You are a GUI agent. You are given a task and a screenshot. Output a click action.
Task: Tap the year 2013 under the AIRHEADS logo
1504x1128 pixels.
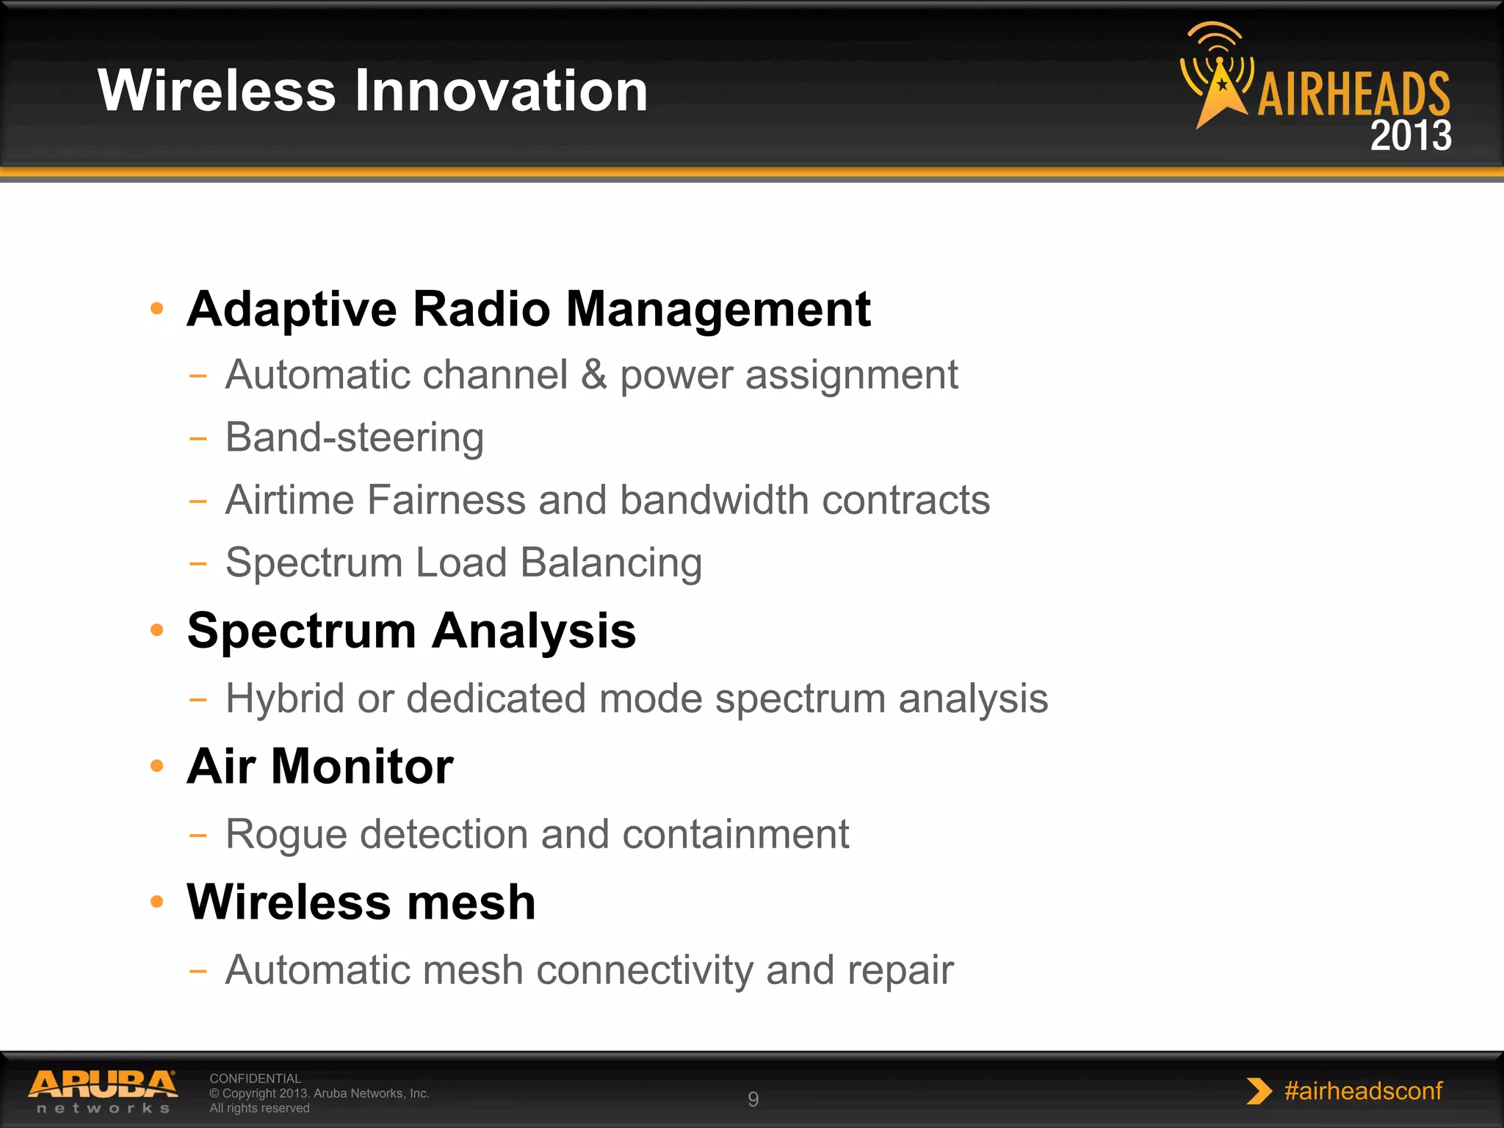click(1410, 136)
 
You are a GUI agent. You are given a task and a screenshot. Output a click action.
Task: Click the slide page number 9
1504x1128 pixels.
click(753, 1099)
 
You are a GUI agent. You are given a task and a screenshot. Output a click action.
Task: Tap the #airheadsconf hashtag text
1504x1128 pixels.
click(1363, 1091)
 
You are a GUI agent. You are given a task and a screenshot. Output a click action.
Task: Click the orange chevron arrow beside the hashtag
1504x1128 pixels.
click(1258, 1091)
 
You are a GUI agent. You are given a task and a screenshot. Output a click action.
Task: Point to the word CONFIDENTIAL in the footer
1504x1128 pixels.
click(255, 1078)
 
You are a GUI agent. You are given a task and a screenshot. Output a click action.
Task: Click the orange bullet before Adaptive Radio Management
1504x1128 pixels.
click(156, 308)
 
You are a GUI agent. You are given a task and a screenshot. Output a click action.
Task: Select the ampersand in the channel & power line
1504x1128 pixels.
click(593, 375)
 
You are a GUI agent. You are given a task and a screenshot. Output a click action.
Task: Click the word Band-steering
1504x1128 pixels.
click(354, 438)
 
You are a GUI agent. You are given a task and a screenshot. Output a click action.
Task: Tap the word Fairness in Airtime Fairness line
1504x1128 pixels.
click(446, 500)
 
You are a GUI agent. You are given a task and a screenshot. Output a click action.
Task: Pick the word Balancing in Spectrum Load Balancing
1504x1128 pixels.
click(611, 563)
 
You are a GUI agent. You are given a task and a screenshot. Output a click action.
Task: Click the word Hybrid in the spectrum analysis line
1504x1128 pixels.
click(285, 698)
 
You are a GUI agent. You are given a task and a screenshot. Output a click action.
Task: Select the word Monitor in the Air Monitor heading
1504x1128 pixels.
click(362, 766)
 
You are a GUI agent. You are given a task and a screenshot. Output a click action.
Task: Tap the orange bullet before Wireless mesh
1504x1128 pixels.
click(156, 902)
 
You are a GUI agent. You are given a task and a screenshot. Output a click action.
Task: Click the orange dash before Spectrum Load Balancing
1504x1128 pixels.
click(198, 564)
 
